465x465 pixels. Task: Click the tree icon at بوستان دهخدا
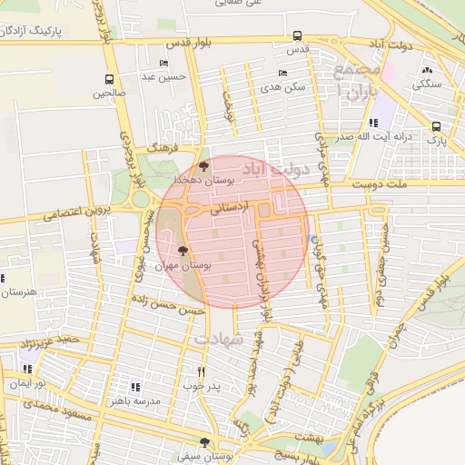pyautogui.click(x=203, y=167)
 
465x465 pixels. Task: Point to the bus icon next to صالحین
pyautogui.click(x=109, y=79)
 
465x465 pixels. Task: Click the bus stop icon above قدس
pyautogui.click(x=298, y=36)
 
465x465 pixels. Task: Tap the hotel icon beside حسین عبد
pyautogui.click(x=163, y=63)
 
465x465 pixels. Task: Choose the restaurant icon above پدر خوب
pyautogui.click(x=202, y=371)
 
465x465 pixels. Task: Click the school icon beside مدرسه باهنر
pyautogui.click(x=135, y=387)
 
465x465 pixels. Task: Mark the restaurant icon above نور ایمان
pyautogui.click(x=27, y=369)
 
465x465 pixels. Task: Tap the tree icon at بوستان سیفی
pyautogui.click(x=203, y=442)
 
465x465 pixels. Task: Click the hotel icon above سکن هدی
pyautogui.click(x=283, y=74)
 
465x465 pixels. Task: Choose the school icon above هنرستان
pyautogui.click(x=3, y=278)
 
